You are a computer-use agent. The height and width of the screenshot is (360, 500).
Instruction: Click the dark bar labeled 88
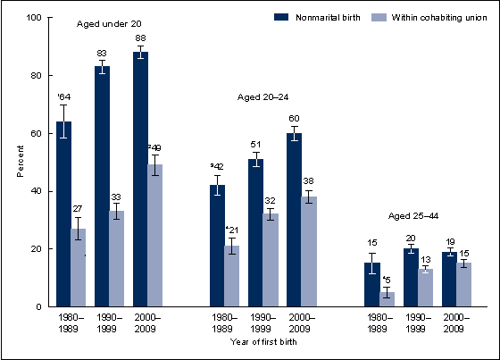click(x=140, y=179)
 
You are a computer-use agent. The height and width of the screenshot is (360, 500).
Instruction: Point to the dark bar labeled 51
click(x=255, y=232)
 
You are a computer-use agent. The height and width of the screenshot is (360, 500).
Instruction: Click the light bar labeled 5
click(x=386, y=299)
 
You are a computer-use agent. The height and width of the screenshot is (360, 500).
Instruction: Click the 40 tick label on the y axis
click(x=36, y=191)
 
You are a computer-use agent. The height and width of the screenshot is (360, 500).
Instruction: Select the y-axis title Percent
click(x=19, y=163)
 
